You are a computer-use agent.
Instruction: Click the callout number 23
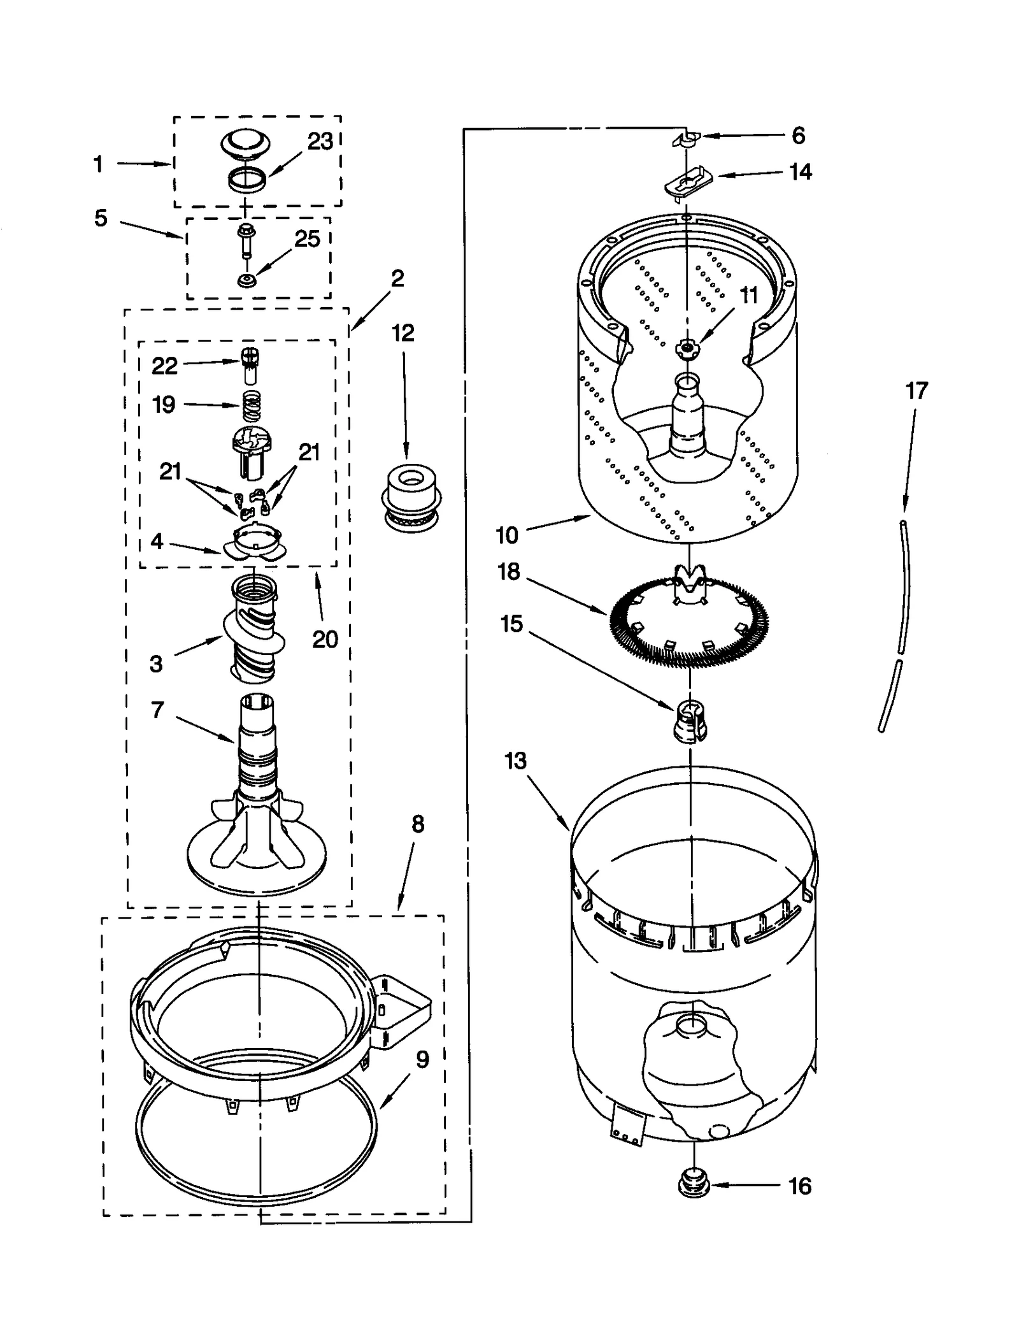click(x=320, y=141)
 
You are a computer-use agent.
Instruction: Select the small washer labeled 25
click(x=245, y=280)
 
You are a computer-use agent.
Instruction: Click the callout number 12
click(x=403, y=333)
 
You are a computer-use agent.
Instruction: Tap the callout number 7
click(x=157, y=710)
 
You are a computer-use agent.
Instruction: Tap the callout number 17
click(x=916, y=391)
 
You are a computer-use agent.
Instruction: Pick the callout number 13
click(x=516, y=761)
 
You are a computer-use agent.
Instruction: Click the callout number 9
click(x=422, y=1059)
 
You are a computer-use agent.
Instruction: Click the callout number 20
click(x=325, y=639)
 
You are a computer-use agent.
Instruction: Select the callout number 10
click(x=507, y=535)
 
